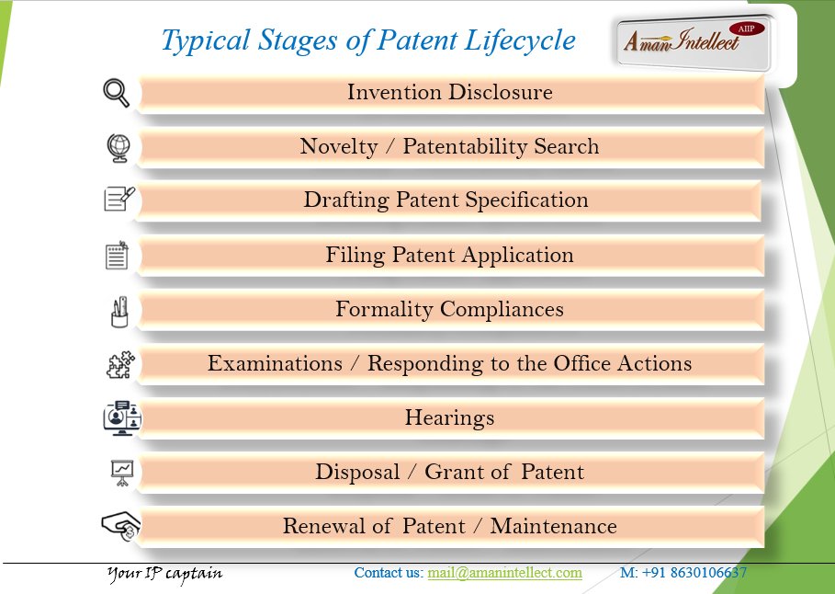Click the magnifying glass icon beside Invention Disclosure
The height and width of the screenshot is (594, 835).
[x=116, y=93]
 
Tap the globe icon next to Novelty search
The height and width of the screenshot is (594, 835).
[x=118, y=147]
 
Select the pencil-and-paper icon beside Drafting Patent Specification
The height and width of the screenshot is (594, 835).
[x=118, y=199]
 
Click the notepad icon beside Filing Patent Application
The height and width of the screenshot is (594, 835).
[x=117, y=255]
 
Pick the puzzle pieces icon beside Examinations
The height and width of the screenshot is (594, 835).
[x=119, y=364]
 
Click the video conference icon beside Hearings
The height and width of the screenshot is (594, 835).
[x=121, y=417]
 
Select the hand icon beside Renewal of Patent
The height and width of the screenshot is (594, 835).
[x=119, y=526]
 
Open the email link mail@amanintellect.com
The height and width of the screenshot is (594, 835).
[x=504, y=573]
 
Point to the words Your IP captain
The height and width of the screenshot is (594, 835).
[x=164, y=574]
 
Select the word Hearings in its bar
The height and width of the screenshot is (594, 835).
[x=449, y=417]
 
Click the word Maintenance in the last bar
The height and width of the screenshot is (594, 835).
[x=553, y=526]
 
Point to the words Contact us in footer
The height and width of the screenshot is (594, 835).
[x=388, y=573]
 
